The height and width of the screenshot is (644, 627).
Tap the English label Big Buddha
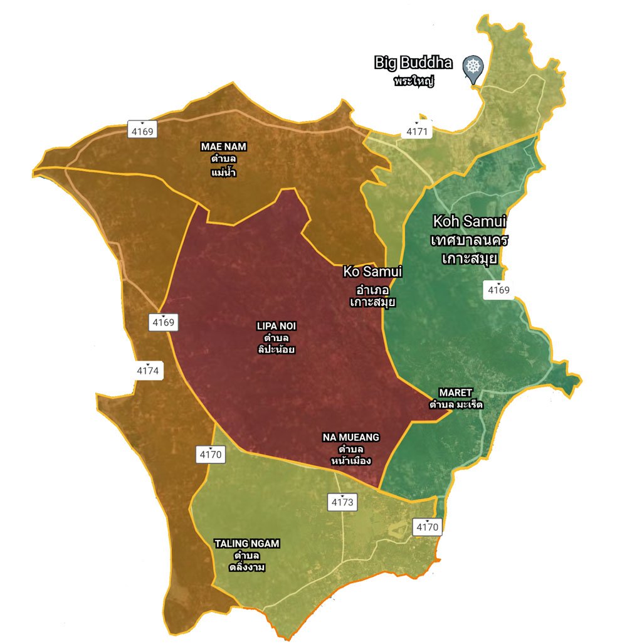(413, 63)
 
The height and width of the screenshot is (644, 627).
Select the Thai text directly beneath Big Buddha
(414, 82)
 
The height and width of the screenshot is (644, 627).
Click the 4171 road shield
(417, 132)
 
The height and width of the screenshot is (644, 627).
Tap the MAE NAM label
(224, 147)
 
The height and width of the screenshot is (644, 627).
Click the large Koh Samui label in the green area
(470, 221)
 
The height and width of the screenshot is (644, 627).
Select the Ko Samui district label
(372, 272)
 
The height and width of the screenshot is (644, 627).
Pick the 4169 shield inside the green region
(499, 290)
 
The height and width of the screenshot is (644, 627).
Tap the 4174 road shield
(148, 371)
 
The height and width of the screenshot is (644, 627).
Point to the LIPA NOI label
(276, 326)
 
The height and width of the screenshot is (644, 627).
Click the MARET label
(456, 393)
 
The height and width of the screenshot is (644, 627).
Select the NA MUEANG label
(351, 437)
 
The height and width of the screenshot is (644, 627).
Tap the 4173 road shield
(343, 502)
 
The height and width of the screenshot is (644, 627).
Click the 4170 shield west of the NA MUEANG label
(209, 455)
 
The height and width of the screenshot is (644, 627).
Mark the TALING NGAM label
(247, 544)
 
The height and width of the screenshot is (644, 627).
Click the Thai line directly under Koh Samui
(470, 240)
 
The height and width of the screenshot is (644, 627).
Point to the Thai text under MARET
(456, 404)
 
